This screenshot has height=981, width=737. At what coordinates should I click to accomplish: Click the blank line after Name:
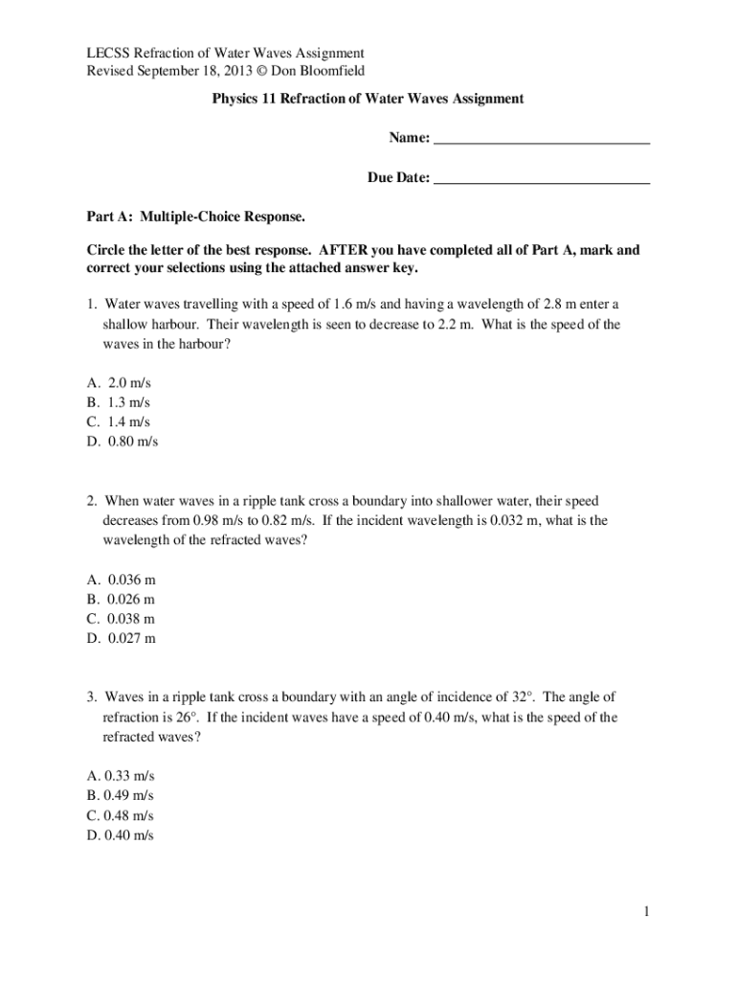pyautogui.click(x=542, y=140)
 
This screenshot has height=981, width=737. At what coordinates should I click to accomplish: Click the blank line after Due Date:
pyautogui.click(x=542, y=179)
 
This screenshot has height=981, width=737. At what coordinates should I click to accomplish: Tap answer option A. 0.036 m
pyautogui.click(x=121, y=580)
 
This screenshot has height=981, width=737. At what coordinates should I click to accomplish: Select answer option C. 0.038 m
pyautogui.click(x=121, y=619)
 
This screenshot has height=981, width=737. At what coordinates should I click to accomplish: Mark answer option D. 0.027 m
pyautogui.click(x=121, y=638)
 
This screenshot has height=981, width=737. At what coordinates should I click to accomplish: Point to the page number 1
pyautogui.click(x=647, y=912)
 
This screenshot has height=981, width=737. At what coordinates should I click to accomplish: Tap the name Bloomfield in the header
pyautogui.click(x=333, y=71)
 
